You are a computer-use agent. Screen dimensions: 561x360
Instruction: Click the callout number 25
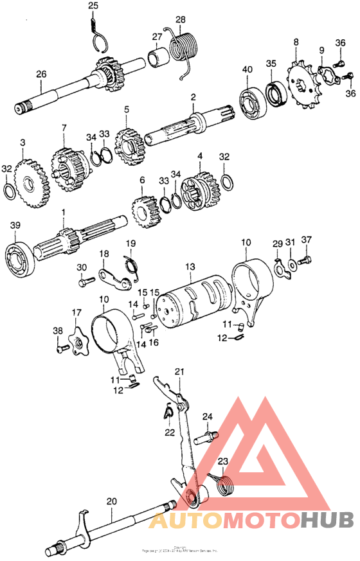click(93, 6)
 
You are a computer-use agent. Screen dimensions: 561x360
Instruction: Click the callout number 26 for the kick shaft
click(40, 75)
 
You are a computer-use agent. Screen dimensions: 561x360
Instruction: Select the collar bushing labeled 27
click(158, 59)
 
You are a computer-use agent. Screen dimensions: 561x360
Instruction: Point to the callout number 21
click(179, 371)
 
